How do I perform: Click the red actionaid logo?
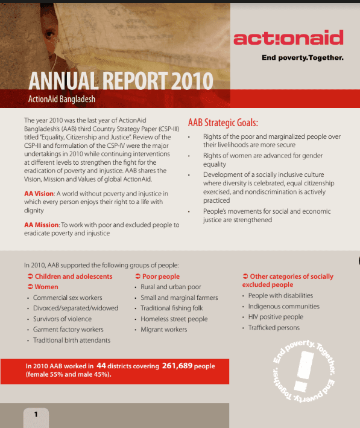click(288, 39)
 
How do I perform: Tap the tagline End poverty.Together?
click(302, 59)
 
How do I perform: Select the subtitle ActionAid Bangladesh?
click(62, 99)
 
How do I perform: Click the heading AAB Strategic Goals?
click(223, 123)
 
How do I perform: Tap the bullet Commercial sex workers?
click(68, 298)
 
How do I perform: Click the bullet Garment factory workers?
click(68, 330)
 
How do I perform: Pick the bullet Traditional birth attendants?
click(72, 340)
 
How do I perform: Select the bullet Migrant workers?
click(163, 330)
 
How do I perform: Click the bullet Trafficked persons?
click(274, 328)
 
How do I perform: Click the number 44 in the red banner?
click(101, 366)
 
